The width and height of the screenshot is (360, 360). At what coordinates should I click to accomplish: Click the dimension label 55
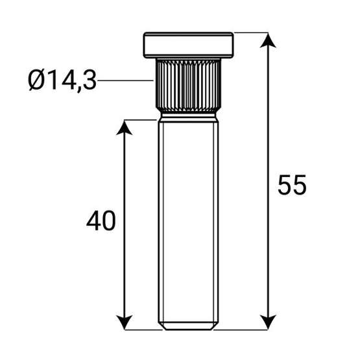tap(292, 185)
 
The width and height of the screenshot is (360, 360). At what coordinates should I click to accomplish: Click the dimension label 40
tap(101, 221)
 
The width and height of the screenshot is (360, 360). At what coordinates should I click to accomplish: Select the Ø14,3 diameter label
tap(62, 81)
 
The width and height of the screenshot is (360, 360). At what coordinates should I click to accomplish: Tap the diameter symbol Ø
tap(36, 80)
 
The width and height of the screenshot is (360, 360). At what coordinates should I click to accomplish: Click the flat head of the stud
tap(189, 45)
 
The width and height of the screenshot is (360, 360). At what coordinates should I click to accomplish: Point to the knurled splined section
tap(189, 86)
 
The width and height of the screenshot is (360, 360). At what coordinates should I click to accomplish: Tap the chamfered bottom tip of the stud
tap(189, 326)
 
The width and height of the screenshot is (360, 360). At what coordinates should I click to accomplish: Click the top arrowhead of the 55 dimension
tap(268, 40)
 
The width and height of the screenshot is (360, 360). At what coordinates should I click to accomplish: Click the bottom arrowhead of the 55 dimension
tap(268, 322)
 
